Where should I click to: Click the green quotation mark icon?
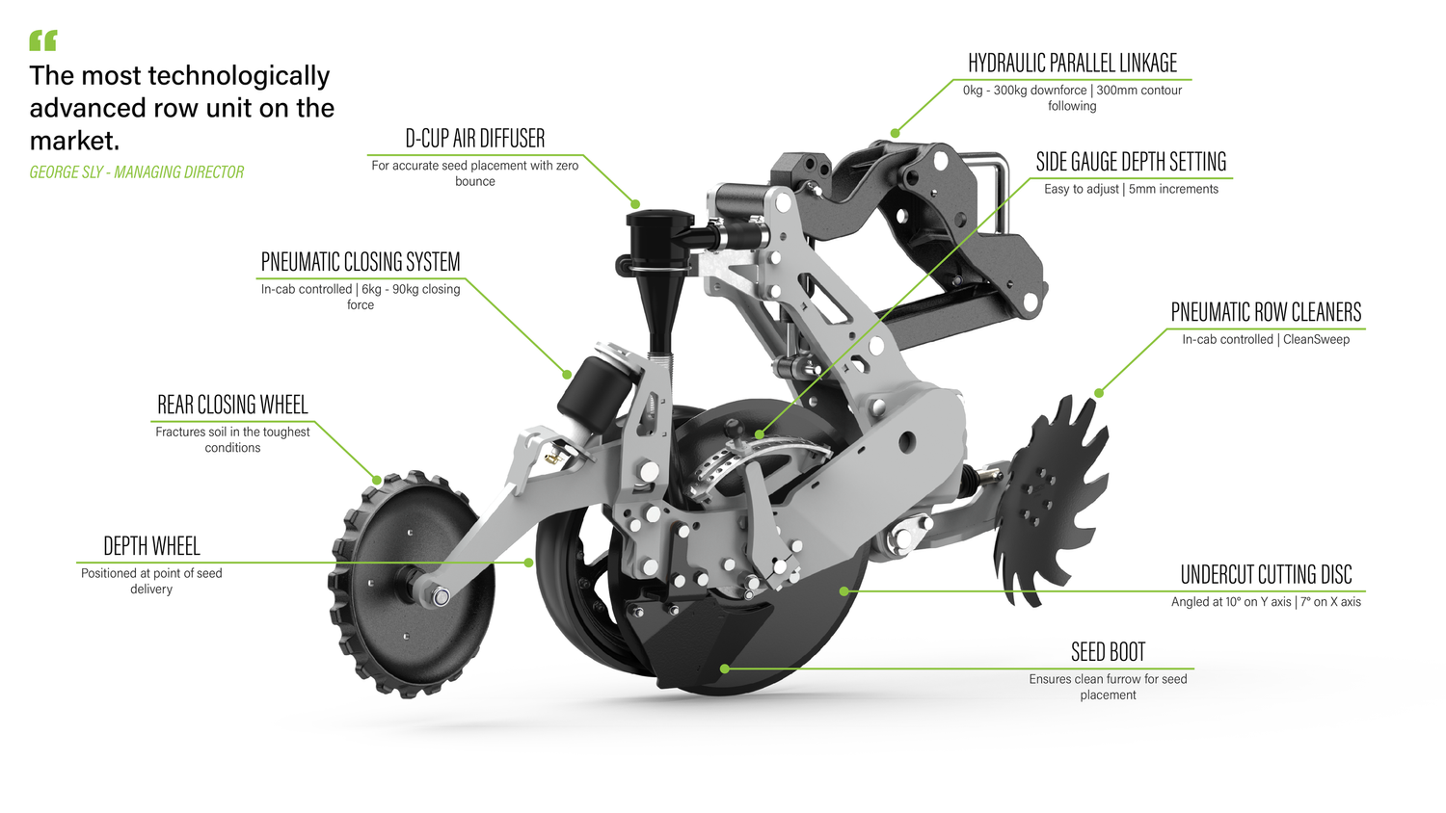click(x=43, y=40)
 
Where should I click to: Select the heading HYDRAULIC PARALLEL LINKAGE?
click(x=1072, y=64)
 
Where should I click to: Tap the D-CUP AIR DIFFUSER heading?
click(x=474, y=139)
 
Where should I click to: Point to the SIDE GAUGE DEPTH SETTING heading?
click(x=1131, y=162)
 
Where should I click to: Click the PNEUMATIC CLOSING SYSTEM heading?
click(x=361, y=262)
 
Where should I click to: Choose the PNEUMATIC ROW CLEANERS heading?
click(x=1266, y=312)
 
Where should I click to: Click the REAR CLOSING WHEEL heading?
click(x=232, y=405)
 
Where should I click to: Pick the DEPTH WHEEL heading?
click(x=151, y=546)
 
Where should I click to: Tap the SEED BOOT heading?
click(x=1108, y=652)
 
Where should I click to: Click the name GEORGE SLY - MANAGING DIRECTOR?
click(x=137, y=172)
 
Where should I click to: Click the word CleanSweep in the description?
click(x=1316, y=339)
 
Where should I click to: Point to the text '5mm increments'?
click(x=1173, y=189)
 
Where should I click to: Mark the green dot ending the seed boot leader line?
click(x=724, y=669)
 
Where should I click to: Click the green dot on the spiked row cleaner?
click(x=1098, y=393)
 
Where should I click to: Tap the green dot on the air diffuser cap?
click(x=635, y=204)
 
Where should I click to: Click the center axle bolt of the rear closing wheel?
click(x=441, y=596)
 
